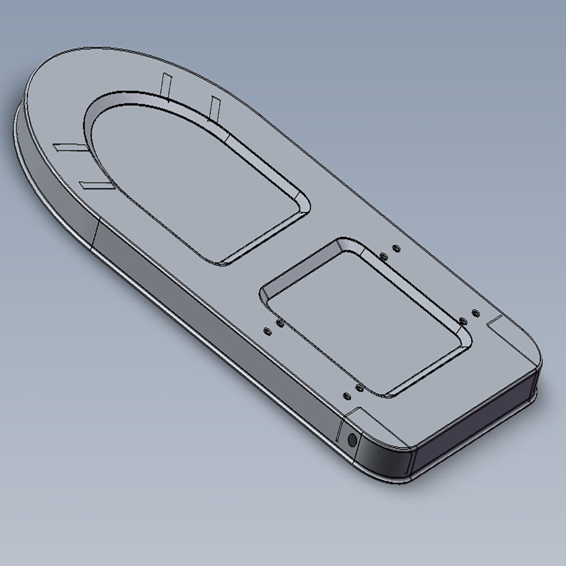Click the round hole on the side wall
pos(352,439)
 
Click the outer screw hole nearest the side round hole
pos(345,397)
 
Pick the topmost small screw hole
pos(396,248)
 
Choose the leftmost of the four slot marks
pos(67,148)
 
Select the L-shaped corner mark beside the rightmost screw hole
pos(498,323)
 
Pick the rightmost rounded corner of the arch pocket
pos(303,204)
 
